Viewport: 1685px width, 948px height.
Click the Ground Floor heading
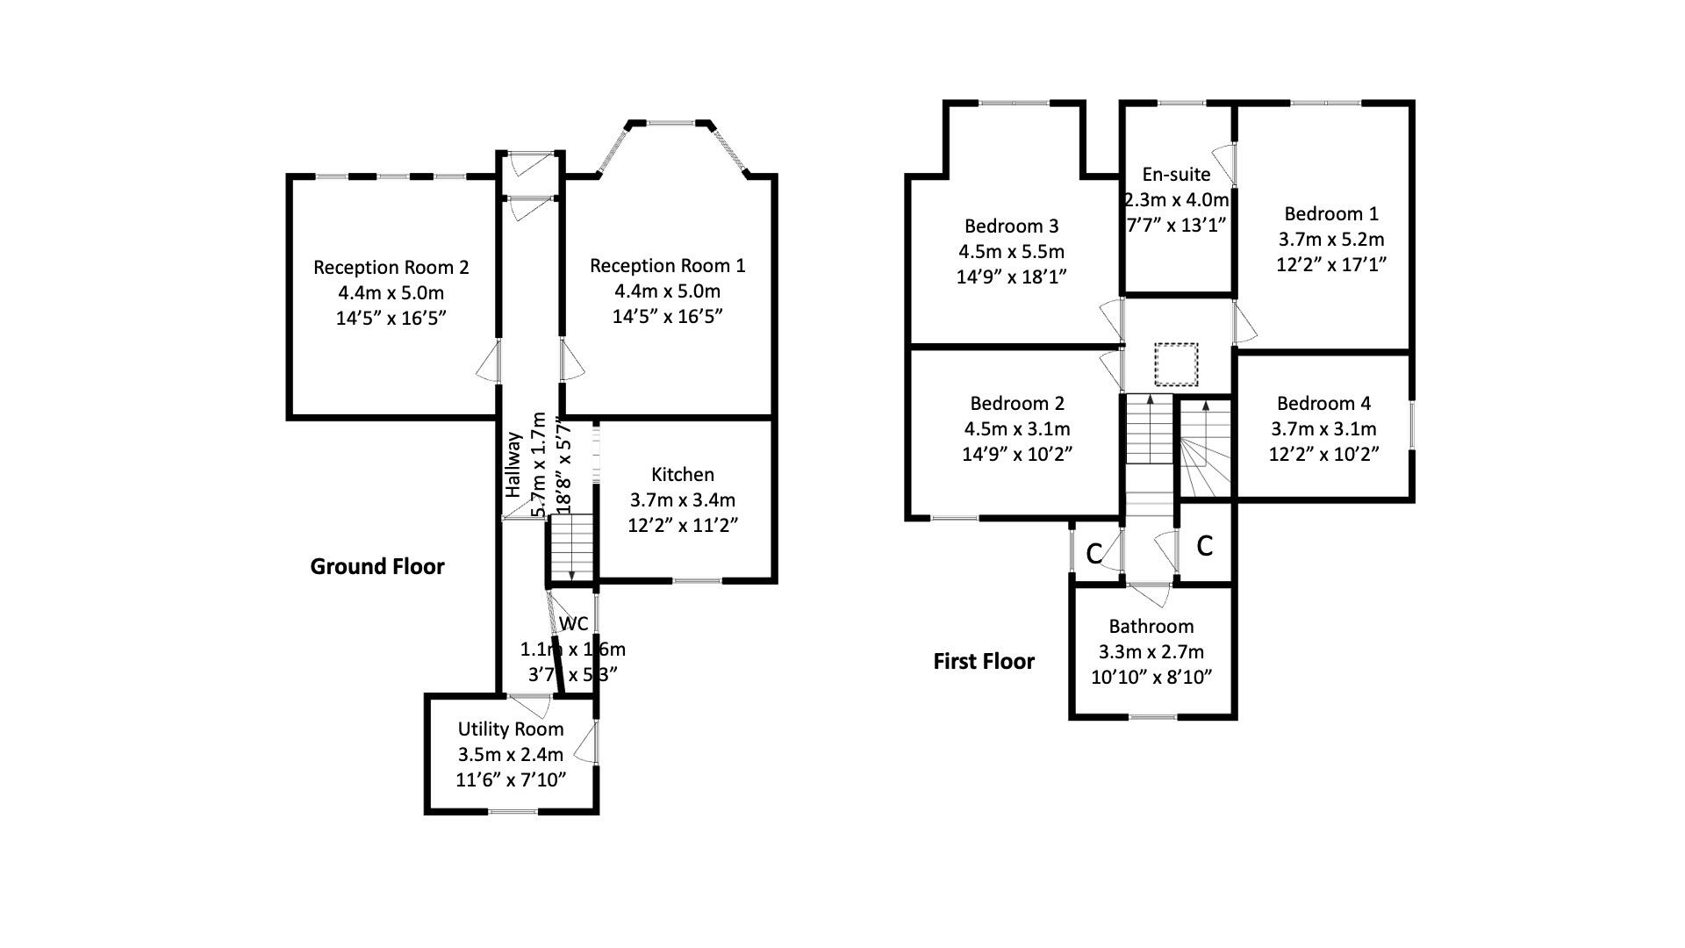pyautogui.click(x=377, y=567)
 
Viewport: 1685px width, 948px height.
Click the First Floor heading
pyautogui.click(x=984, y=662)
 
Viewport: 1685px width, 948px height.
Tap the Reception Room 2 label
pyautogui.click(x=391, y=268)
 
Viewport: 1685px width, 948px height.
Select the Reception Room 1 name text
pyautogui.click(x=667, y=266)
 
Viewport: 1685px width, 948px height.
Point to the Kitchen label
pyautogui.click(x=683, y=475)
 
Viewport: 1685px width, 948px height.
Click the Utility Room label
pyautogui.click(x=511, y=729)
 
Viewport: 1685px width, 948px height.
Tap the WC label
pyautogui.click(x=574, y=624)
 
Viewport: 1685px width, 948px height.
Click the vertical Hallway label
pyautogui.click(x=513, y=465)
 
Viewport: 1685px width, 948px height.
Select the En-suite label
pyautogui.click(x=1176, y=175)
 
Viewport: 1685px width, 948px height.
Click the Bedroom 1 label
pyautogui.click(x=1330, y=214)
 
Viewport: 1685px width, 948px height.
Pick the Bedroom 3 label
pyautogui.click(x=1011, y=226)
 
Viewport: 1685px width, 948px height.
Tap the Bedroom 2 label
pyautogui.click(x=1017, y=404)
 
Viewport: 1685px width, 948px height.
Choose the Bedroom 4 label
pyautogui.click(x=1323, y=404)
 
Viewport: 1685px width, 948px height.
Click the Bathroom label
pyautogui.click(x=1151, y=627)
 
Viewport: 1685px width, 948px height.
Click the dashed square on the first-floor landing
pyautogui.click(x=1176, y=364)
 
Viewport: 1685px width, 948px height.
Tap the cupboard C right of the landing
pyautogui.click(x=1205, y=546)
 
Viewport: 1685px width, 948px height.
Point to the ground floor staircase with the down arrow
pyautogui.click(x=571, y=549)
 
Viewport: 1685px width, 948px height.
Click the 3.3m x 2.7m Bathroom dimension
pyautogui.click(x=1151, y=652)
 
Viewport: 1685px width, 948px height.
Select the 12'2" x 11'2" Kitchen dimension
pyautogui.click(x=683, y=526)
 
